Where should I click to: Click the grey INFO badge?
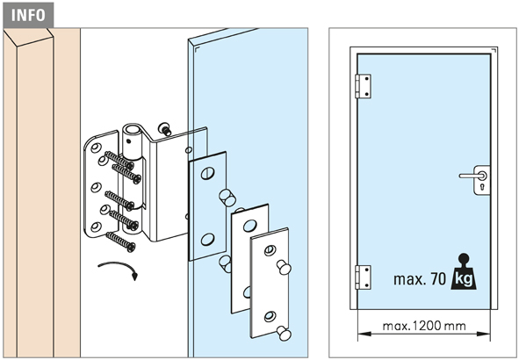(28, 15)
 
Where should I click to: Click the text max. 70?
(420, 279)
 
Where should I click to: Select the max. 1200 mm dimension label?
(424, 327)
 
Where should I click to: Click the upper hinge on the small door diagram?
(363, 86)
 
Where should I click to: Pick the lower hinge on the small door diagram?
(363, 277)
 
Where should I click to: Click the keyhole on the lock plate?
(481, 188)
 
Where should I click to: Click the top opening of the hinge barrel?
(133, 128)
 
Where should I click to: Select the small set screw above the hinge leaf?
(164, 128)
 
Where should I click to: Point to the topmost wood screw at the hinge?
(119, 160)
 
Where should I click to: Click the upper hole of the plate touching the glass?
(207, 173)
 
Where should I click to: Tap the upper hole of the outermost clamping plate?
(270, 250)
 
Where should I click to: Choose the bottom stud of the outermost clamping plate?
(284, 333)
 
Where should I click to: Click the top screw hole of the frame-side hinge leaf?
(97, 148)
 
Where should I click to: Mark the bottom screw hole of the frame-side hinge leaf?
(96, 227)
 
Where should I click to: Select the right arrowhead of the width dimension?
(484, 335)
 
